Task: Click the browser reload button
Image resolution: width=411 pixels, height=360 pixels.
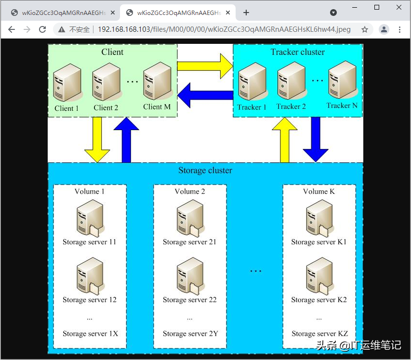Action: (42, 29)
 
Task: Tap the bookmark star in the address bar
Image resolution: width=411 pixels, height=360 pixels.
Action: (365, 29)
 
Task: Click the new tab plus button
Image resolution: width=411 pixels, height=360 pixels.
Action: (246, 13)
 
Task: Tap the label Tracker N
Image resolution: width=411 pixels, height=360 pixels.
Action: (342, 106)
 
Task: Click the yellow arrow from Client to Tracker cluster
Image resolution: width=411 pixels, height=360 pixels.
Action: (205, 66)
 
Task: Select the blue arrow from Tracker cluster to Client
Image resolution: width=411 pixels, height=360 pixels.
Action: (205, 95)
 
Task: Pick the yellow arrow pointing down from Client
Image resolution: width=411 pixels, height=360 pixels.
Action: (97, 140)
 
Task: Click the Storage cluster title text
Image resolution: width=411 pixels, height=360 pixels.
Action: (205, 170)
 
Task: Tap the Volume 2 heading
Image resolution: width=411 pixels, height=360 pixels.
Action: (190, 191)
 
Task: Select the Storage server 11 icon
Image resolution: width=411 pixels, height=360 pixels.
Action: (90, 219)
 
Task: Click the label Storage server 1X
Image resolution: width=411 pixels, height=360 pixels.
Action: (90, 333)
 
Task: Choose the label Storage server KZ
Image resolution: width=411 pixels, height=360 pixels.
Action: (319, 333)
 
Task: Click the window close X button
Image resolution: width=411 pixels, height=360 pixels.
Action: (399, 8)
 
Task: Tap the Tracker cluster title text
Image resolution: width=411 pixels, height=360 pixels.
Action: (298, 52)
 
